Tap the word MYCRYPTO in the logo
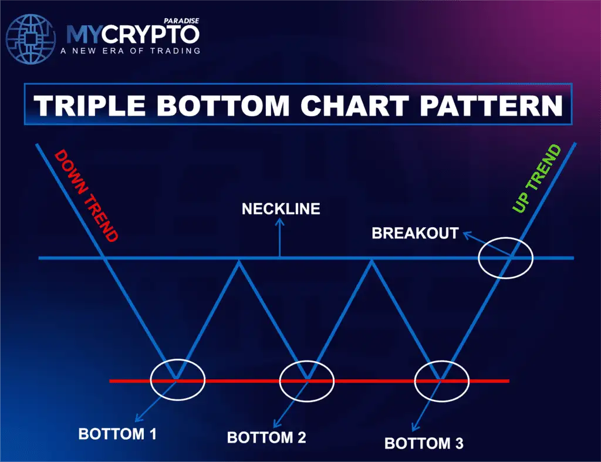tap(132, 35)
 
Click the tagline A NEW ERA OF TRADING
tap(130, 51)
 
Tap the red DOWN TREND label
tap(86, 196)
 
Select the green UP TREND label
tap(537, 179)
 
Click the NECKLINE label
tap(281, 209)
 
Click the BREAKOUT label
tap(415, 233)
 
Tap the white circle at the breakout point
tap(505, 257)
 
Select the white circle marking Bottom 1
tap(178, 380)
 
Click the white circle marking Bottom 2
tap(306, 380)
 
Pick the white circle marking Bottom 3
tap(441, 380)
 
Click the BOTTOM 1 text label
tap(117, 435)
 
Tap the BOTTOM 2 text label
tap(266, 438)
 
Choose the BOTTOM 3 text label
tap(424, 443)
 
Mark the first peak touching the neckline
tap(238, 261)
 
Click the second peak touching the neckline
tap(371, 261)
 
